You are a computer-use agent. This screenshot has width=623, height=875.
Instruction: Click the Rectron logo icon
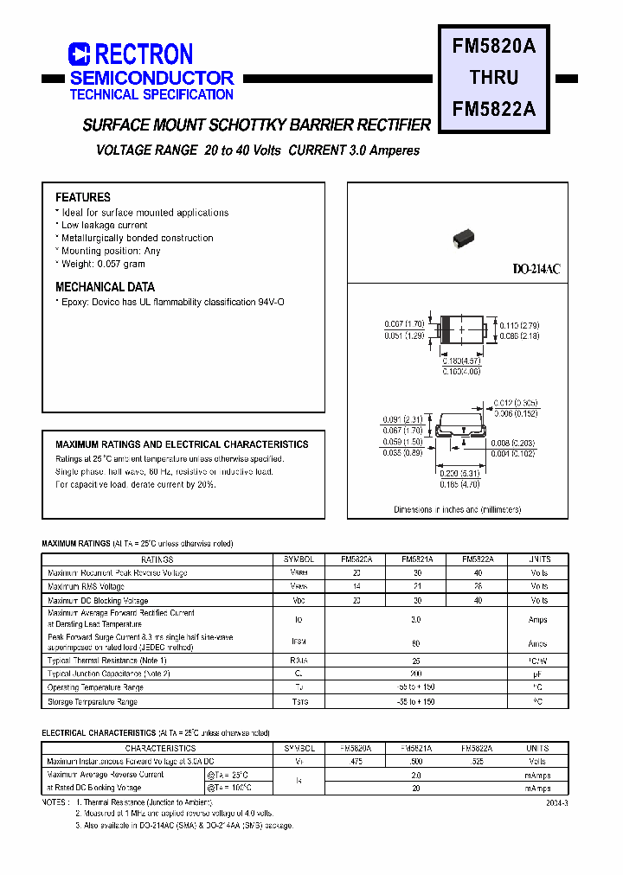click(x=79, y=54)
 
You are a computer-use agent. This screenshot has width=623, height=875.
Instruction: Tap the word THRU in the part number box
click(x=493, y=78)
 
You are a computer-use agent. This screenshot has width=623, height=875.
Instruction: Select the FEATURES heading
click(x=83, y=197)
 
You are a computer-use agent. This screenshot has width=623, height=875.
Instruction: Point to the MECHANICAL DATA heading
click(x=106, y=287)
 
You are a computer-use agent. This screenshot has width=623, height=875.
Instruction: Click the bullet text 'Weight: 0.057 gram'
click(x=103, y=264)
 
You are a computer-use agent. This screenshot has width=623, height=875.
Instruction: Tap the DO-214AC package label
click(x=536, y=270)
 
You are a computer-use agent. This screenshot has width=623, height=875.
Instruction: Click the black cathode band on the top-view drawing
click(x=446, y=329)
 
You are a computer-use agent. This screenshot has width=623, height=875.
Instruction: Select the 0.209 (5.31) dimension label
click(x=460, y=475)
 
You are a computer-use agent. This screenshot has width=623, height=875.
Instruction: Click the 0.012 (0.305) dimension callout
click(x=516, y=403)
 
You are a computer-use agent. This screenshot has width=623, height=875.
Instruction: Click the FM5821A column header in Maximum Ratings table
click(x=417, y=559)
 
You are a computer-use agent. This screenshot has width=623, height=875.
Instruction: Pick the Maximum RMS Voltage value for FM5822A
click(x=478, y=586)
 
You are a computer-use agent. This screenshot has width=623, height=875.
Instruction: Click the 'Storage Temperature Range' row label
click(x=93, y=702)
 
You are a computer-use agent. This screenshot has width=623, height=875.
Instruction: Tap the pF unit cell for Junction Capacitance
click(x=538, y=674)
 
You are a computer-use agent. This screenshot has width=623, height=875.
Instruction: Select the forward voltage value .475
click(x=356, y=762)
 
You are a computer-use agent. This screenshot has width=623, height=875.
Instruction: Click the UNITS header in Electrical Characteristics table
click(x=537, y=748)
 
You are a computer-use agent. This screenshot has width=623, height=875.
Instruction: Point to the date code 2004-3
click(x=557, y=803)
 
